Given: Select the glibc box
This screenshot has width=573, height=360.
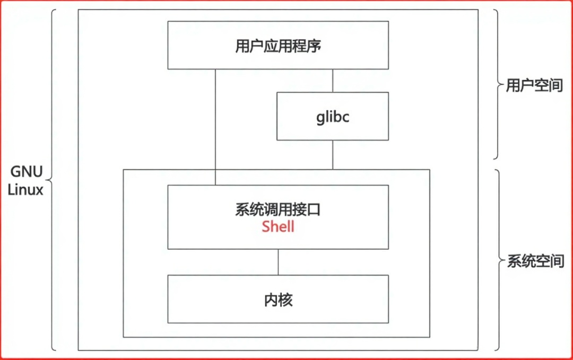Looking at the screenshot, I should [x=333, y=116].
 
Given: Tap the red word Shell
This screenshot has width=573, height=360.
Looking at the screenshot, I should [x=278, y=227].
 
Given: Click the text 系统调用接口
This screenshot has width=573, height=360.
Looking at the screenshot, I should [x=278, y=210].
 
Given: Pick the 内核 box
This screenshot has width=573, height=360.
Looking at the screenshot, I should [x=278, y=300].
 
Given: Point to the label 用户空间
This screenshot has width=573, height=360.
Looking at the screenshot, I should [x=534, y=85].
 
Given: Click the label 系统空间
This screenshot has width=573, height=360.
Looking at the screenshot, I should [x=535, y=261].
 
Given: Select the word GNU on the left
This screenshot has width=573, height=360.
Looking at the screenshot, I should [x=25, y=172].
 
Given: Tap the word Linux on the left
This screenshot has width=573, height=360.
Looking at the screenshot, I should [x=25, y=190].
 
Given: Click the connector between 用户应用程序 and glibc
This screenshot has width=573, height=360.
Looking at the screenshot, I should [x=333, y=81].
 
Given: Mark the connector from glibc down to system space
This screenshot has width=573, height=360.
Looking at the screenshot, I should [x=333, y=155].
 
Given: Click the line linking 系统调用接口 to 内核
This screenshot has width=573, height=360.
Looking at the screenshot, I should [x=279, y=262].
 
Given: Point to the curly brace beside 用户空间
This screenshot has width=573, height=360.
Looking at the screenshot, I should [x=496, y=85].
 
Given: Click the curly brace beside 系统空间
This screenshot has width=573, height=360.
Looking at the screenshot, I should [x=497, y=260].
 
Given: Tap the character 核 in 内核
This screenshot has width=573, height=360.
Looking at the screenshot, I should [x=286, y=300].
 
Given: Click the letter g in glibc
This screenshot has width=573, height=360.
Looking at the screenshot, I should [x=320, y=117].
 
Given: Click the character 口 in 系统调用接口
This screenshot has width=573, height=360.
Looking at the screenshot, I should [x=314, y=210].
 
